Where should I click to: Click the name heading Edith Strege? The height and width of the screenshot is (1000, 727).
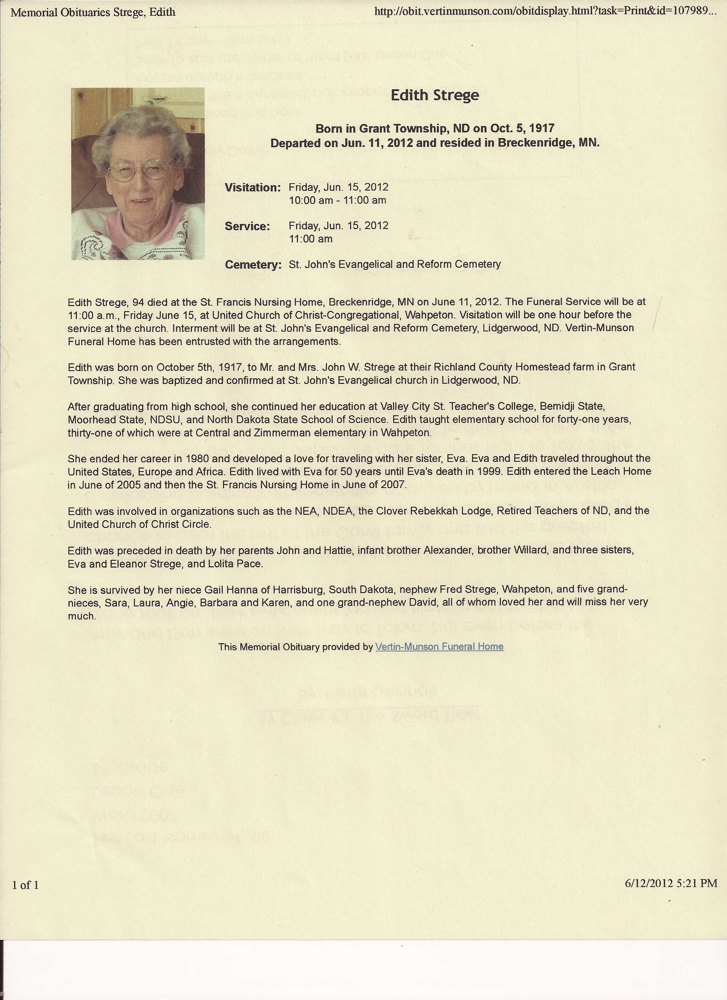[434, 95]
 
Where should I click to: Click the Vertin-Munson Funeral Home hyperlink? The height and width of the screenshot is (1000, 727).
[439, 646]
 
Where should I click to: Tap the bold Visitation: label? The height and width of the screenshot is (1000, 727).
[253, 187]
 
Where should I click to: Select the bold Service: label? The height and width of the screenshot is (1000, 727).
[247, 226]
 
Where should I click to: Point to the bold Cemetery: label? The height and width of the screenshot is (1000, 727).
[253, 265]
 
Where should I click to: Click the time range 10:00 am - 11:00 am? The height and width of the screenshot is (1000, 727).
[338, 200]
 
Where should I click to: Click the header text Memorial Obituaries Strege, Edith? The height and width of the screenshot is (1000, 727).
[93, 12]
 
